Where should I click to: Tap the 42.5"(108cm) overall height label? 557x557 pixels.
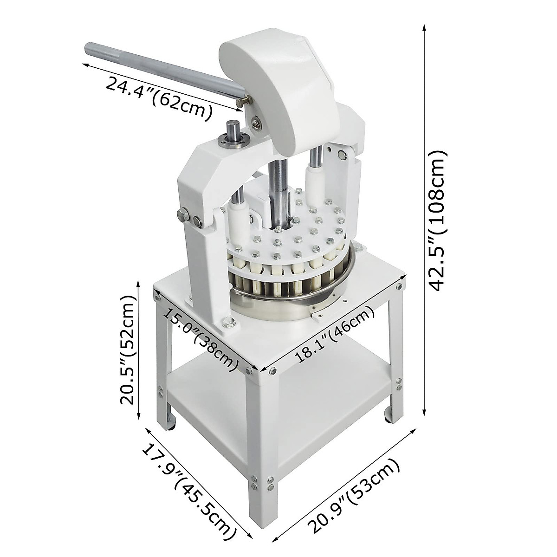pyautogui.click(x=437, y=220)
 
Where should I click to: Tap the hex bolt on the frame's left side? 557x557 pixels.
pyautogui.click(x=182, y=214)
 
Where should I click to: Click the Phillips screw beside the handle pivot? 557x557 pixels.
pyautogui.click(x=256, y=123)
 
